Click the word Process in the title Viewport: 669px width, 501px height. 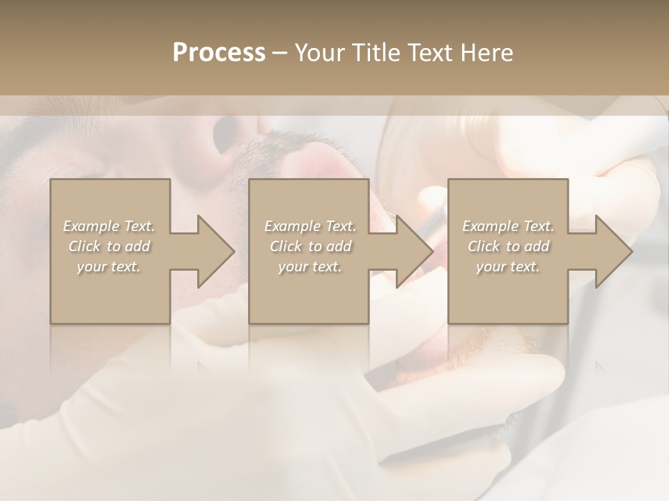tap(219, 53)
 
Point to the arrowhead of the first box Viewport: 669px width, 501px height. tap(212, 251)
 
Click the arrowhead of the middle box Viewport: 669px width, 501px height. tap(410, 251)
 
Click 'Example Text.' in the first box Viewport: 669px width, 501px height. tap(109, 225)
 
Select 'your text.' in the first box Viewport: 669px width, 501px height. tap(109, 267)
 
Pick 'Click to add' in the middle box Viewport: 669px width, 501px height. tap(310, 246)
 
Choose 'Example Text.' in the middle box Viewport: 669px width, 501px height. tap(310, 225)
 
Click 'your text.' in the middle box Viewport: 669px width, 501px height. tap(310, 267)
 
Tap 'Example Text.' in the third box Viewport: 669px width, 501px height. tap(508, 225)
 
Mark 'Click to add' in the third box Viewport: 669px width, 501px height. tap(508, 246)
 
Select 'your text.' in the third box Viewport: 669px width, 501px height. tap(508, 267)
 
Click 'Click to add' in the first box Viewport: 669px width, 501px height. tap(109, 246)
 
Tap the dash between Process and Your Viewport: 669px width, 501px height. tap(280, 53)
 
